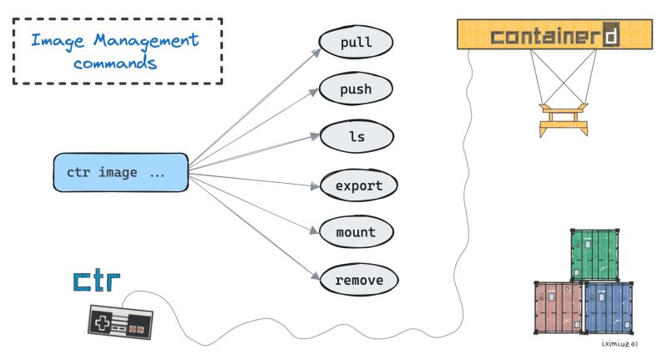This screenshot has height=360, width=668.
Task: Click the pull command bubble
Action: pos(356,42)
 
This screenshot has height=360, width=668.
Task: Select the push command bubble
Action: pos(356,89)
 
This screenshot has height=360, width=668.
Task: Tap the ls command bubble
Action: pos(356,137)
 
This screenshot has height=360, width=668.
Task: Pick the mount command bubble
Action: pos(356,232)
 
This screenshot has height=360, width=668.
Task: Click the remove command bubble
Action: pos(359,280)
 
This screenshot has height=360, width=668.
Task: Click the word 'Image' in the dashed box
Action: pos(56,39)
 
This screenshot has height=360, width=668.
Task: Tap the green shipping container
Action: pos(596,254)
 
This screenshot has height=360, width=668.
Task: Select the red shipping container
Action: pos(557,307)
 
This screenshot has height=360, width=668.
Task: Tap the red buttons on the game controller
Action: pos(136,328)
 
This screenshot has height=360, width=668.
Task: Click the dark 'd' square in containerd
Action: pos(612,37)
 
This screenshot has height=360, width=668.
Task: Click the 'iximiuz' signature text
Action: pos(619,343)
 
